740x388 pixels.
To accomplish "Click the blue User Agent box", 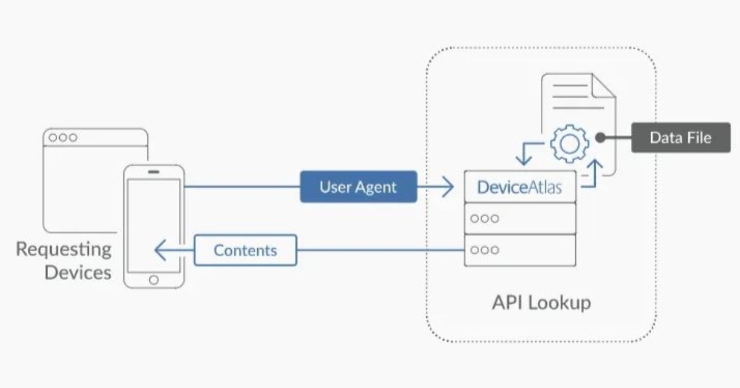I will coord(358,187).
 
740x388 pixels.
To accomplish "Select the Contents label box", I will coord(245,250).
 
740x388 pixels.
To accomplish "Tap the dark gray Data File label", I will coord(680,137).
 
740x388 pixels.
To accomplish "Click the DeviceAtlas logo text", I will coord(519,187).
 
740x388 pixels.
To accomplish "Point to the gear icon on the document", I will coord(569,142).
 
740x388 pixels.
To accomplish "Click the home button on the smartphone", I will coord(154,279).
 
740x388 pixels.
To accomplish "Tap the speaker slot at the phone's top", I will coord(154,172).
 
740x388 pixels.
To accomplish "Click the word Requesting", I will coord(64,249).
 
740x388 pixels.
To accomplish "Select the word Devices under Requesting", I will coord(78,272).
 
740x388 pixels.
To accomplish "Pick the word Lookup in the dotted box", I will coord(560,303).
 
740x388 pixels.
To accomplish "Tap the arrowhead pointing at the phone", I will coord(160,251).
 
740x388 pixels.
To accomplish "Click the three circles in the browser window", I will coord(63,137).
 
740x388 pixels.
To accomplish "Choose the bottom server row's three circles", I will coord(485,250).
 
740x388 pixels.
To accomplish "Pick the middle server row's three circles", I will coord(485,218).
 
